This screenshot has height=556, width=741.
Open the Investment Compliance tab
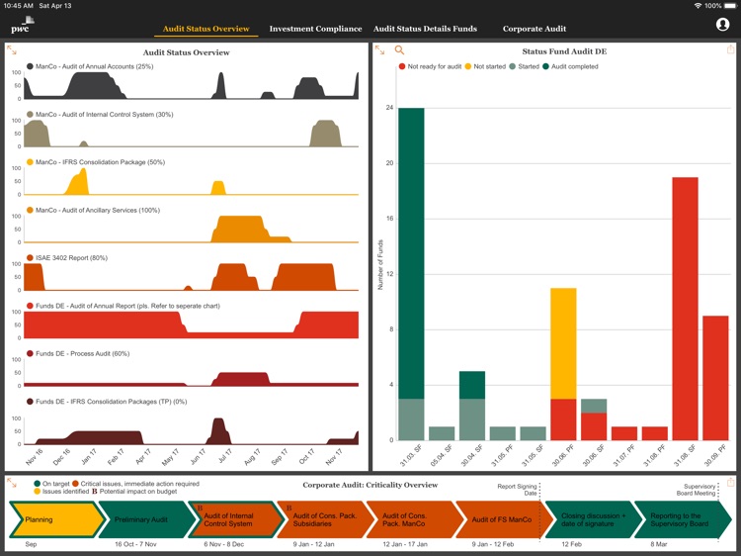(315, 29)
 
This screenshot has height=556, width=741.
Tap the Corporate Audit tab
(535, 29)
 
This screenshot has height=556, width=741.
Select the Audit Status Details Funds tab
(425, 29)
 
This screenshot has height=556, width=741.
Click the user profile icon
(722, 25)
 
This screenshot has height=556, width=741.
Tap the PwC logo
(23, 26)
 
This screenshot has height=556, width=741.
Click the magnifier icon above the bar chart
(400, 49)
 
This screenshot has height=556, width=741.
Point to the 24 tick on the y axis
(389, 107)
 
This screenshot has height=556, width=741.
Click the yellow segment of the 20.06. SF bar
(563, 343)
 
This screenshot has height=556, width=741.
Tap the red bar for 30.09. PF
(715, 378)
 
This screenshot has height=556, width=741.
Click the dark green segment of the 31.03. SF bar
(412, 252)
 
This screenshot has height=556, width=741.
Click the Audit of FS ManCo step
(500, 519)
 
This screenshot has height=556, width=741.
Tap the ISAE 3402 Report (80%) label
(71, 258)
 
